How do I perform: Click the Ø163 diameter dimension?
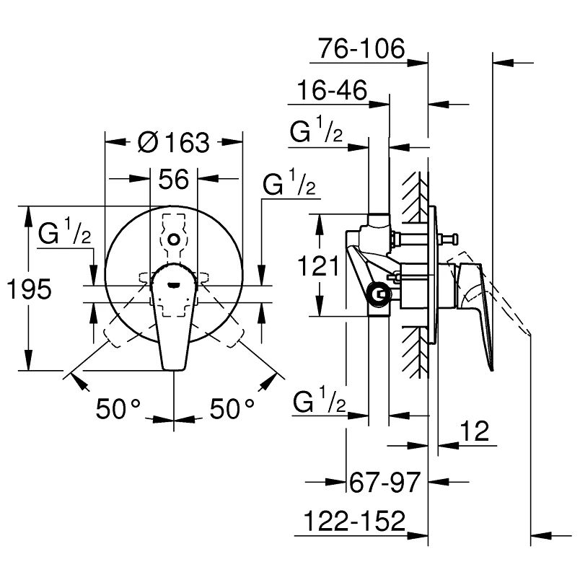(x=172, y=142)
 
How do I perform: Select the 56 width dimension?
(x=173, y=179)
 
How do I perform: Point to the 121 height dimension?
(x=318, y=266)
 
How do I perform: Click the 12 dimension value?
(x=474, y=431)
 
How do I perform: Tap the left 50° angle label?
(x=118, y=409)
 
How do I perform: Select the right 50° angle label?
(x=232, y=409)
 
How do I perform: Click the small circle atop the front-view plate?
(x=173, y=238)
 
